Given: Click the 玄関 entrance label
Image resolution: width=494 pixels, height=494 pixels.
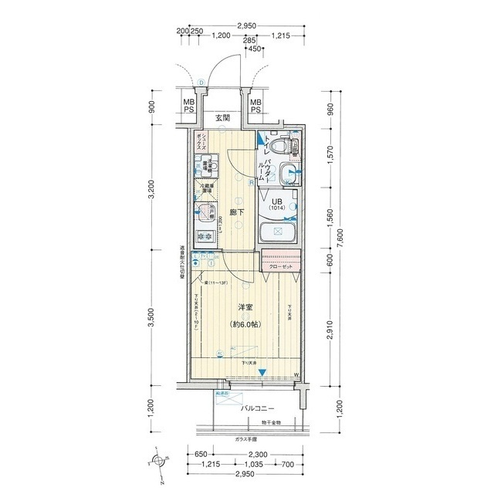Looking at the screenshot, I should (222, 118).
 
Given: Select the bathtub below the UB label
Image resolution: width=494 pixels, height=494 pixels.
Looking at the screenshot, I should (278, 233).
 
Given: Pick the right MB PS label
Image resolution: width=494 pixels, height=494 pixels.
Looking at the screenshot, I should (255, 107).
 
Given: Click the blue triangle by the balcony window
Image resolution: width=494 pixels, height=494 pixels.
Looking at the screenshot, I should (262, 373).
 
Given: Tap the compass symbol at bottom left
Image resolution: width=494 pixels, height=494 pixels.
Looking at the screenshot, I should (160, 462).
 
